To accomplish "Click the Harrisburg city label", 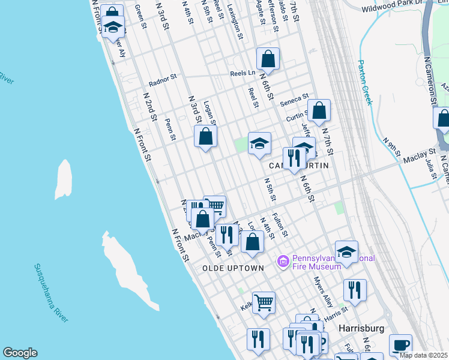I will pyautogui.click(x=361, y=329).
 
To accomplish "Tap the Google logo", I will pyautogui.click(x=20, y=353).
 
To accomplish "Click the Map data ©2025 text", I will pyautogui.click(x=423, y=355).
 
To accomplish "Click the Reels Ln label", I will pyautogui.click(x=243, y=74).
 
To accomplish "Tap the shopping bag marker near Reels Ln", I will pyautogui.click(x=268, y=59).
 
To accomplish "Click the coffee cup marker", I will pyautogui.click(x=400, y=346).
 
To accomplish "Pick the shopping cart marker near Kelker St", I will pyautogui.click(x=264, y=303).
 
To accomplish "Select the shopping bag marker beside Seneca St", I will pyautogui.click(x=319, y=111).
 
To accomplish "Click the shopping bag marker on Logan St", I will pyautogui.click(x=205, y=136).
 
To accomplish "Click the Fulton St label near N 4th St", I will pyautogui.click(x=280, y=225).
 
